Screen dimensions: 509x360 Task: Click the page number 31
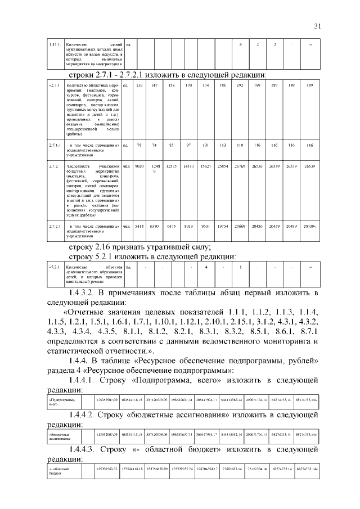(x=317, y=26)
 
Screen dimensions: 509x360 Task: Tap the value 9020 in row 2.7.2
(x=139, y=166)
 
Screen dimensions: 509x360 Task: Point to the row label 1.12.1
(x=55, y=44)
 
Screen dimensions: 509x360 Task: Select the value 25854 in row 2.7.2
(x=223, y=166)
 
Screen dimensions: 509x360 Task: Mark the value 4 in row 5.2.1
(x=206, y=267)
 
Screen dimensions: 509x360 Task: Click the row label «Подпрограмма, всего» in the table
(x=62, y=401)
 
